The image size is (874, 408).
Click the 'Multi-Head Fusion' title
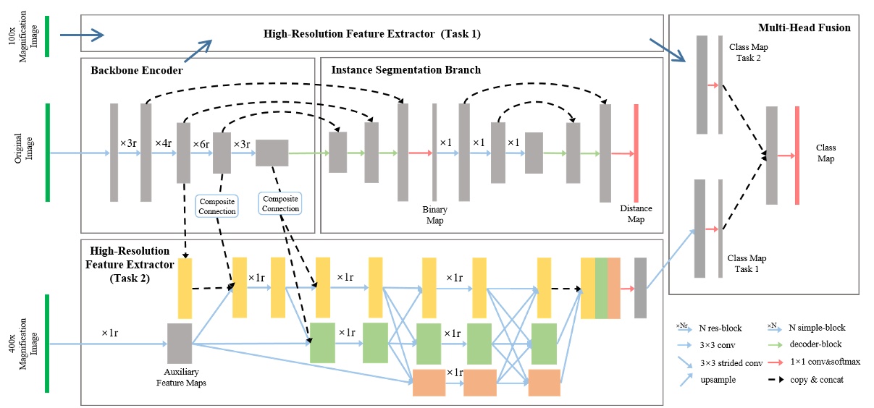804,27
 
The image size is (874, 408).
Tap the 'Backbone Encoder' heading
137,70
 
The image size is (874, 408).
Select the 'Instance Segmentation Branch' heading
406,70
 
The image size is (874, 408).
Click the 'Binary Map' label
434,215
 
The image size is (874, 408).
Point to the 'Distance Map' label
636,214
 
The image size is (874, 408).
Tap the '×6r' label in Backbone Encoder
201,144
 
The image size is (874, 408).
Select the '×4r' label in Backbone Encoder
163,144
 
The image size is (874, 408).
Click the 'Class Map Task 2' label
749,53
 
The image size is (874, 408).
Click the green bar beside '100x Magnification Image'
47,35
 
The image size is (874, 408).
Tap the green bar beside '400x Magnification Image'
47,344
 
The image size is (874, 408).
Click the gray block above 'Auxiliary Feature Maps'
180,344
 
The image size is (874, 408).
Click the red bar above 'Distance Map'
636,153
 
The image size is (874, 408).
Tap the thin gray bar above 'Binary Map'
434,153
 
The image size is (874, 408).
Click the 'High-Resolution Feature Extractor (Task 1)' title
371,34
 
